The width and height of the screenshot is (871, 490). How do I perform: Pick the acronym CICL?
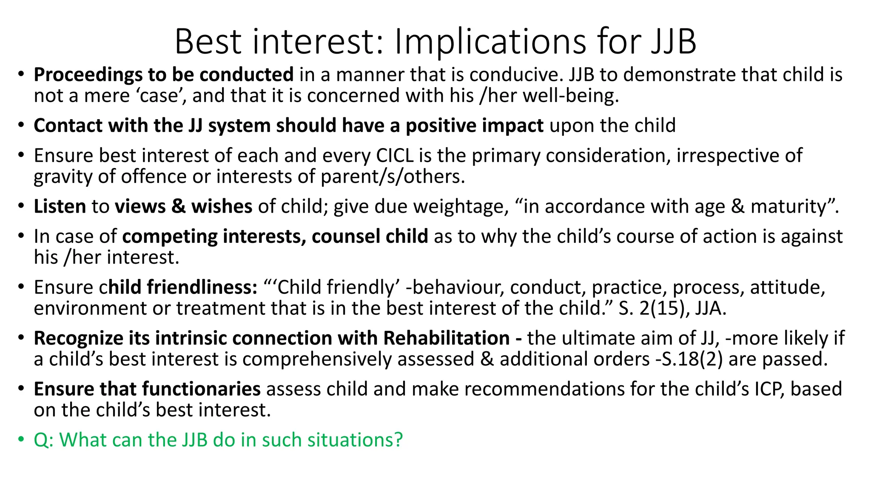tap(395, 155)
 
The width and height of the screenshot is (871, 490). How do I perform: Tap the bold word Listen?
tap(60, 206)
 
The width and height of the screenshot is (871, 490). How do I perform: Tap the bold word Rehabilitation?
tap(446, 338)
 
